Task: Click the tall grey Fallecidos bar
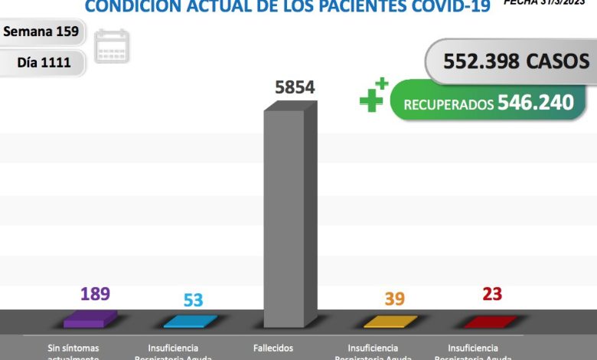pyautogui.click(x=289, y=218)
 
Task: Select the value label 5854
pyautogui.click(x=295, y=87)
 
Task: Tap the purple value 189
pyautogui.click(x=95, y=293)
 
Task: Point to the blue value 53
pyautogui.click(x=193, y=299)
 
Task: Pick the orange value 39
pyautogui.click(x=394, y=299)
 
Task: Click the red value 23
pyautogui.click(x=492, y=294)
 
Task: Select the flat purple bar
pyautogui.click(x=90, y=319)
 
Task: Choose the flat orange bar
pyautogui.click(x=390, y=321)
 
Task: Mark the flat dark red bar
pyautogui.click(x=490, y=321)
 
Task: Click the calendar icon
pyautogui.click(x=113, y=46)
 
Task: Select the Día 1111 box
pyautogui.click(x=44, y=62)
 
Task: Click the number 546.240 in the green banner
pyautogui.click(x=535, y=103)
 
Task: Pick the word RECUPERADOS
pyautogui.click(x=448, y=105)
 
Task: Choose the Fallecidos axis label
pyautogui.click(x=272, y=348)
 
